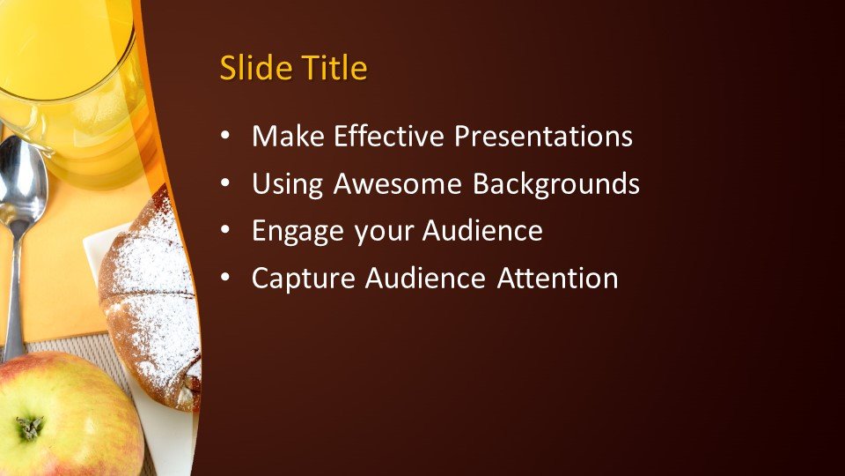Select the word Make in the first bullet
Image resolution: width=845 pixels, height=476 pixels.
click(285, 137)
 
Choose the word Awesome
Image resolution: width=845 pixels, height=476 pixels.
click(400, 184)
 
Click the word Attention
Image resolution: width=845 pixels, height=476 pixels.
click(557, 279)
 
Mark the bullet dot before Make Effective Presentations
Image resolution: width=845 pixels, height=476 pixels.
click(226, 138)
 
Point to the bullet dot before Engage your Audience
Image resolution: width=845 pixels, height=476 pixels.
click(226, 232)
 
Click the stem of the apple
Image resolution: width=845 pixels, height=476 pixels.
click(29, 428)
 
